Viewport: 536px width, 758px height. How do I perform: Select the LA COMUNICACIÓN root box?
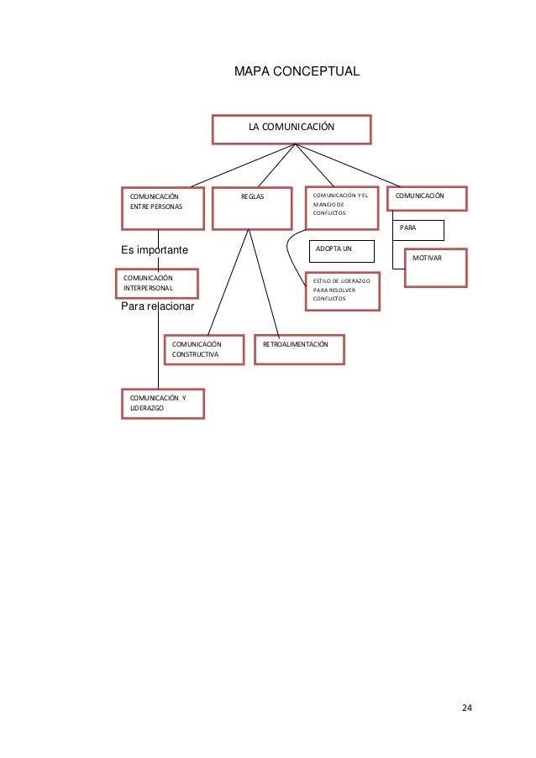(291, 128)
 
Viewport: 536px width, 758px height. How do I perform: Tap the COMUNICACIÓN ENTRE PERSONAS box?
(162, 207)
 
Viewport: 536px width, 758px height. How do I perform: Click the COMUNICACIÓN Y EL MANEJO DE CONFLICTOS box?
(342, 207)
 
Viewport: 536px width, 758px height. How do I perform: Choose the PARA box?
(418, 229)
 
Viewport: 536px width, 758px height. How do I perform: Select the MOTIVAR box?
(435, 267)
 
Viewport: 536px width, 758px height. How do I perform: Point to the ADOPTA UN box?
(342, 251)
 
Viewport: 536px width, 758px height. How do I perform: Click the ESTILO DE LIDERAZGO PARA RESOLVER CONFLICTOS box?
(342, 290)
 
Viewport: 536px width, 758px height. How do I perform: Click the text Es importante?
(155, 251)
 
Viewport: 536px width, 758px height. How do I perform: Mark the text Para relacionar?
(158, 306)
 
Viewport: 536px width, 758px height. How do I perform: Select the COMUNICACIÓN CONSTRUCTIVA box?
(204, 350)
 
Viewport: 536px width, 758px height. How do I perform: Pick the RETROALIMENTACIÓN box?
(298, 350)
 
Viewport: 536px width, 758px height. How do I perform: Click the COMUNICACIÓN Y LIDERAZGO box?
(162, 403)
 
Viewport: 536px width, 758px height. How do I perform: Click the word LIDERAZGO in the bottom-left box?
(147, 408)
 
